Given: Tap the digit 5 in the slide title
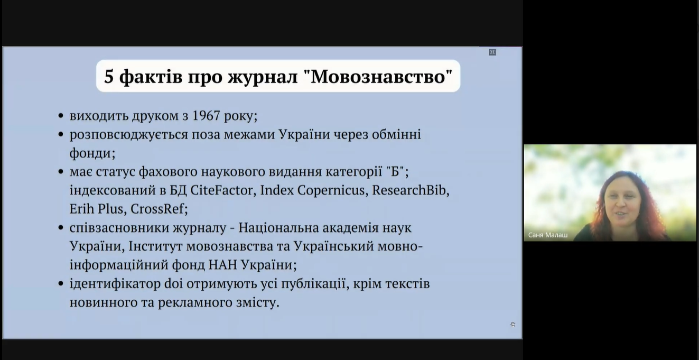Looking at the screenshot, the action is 109,77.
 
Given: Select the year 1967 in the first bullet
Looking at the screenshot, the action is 206,116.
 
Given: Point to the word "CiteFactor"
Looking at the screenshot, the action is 221,190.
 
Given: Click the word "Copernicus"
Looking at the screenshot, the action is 331,191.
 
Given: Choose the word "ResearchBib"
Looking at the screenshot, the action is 409,190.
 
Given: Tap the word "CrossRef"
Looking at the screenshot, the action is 157,209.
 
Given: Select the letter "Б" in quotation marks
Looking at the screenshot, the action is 395,171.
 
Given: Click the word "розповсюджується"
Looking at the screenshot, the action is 128,135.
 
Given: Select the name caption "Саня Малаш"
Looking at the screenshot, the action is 548,235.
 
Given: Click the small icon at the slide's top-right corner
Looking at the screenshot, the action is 492,52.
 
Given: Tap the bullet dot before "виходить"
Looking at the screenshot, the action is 61,116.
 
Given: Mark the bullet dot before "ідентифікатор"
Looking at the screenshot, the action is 61,284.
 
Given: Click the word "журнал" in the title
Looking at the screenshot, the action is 263,77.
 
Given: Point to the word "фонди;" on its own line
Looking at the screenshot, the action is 92,153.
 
